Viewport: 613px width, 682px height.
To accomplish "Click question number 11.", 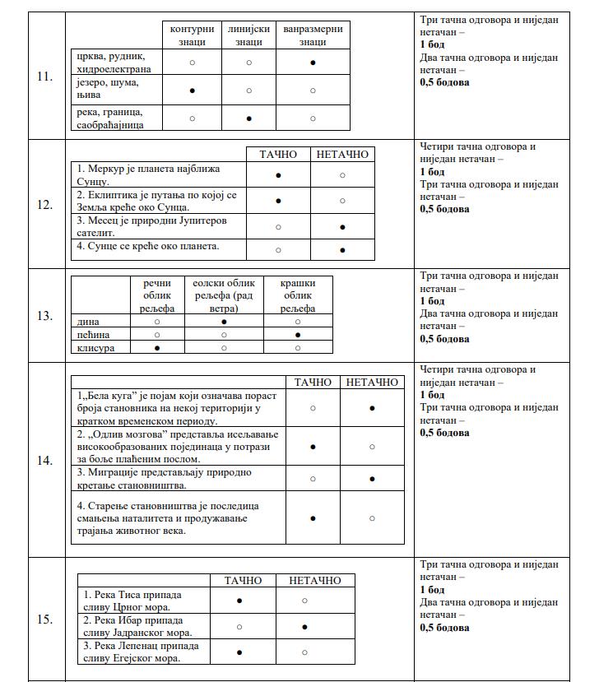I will pyautogui.click(x=44, y=77).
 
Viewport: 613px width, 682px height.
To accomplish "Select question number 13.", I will pyautogui.click(x=44, y=316).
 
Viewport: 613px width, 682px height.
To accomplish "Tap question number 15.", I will pyautogui.click(x=44, y=619).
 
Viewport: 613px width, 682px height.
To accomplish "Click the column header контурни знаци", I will pyautogui.click(x=192, y=35).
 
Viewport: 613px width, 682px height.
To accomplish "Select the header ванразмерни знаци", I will pyautogui.click(x=313, y=35).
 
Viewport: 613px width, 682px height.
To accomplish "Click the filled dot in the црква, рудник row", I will pyautogui.click(x=313, y=63).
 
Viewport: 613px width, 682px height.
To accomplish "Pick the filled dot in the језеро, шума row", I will pyautogui.click(x=192, y=90).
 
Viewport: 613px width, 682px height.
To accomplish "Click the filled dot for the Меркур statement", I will pyautogui.click(x=278, y=175).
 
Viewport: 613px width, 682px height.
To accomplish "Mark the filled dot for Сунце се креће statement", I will pyautogui.click(x=342, y=250).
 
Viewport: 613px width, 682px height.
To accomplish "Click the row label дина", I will pyautogui.click(x=88, y=322).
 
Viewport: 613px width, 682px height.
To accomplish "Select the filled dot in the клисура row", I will pyautogui.click(x=157, y=348).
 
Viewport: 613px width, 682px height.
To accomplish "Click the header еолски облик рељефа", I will pyautogui.click(x=224, y=295).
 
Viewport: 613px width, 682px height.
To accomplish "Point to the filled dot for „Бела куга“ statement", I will pyautogui.click(x=372, y=407).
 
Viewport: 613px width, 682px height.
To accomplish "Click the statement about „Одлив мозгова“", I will pyautogui.click(x=178, y=446).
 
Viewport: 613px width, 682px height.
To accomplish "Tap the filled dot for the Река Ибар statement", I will pyautogui.click(x=304, y=627).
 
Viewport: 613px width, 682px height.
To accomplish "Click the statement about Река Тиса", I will pyautogui.click(x=132, y=600).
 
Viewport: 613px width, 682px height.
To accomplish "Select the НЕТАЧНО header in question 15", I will pyautogui.click(x=314, y=581).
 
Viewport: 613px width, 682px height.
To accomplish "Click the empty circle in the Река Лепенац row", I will pyautogui.click(x=304, y=652).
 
